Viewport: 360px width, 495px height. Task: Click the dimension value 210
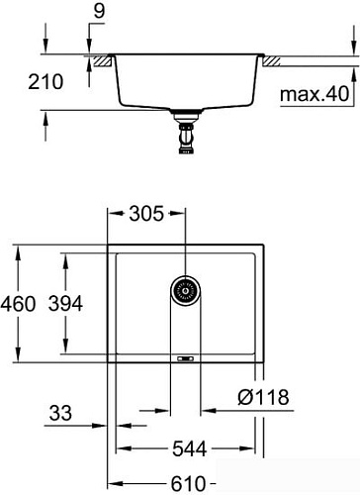(45, 82)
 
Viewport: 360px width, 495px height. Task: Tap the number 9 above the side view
(99, 11)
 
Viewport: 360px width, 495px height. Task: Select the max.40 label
(315, 94)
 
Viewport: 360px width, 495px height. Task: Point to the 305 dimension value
(146, 214)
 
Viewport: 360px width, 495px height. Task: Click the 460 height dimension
(18, 304)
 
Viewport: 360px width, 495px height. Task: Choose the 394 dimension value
(65, 304)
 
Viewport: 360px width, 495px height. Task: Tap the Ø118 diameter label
(263, 397)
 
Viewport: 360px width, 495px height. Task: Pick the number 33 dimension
(60, 413)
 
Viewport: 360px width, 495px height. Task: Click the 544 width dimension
(190, 448)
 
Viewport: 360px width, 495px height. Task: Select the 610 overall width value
(188, 484)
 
